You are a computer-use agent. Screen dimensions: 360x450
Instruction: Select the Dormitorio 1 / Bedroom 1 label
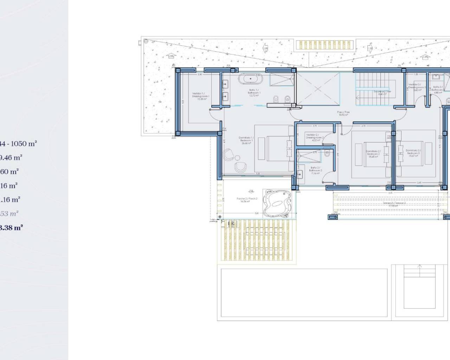click(246, 140)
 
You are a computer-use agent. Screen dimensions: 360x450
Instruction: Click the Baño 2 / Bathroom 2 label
click(315, 170)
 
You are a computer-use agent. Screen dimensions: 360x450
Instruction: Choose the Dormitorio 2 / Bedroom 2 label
click(373, 154)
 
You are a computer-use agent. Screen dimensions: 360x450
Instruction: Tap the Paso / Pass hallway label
click(344, 113)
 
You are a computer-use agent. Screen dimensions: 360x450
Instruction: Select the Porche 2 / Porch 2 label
click(247, 200)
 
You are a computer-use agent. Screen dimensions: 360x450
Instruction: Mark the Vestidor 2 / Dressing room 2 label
click(314, 137)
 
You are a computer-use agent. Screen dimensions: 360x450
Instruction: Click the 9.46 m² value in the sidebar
click(11, 157)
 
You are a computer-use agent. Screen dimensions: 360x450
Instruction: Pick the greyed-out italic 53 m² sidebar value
click(9, 213)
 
